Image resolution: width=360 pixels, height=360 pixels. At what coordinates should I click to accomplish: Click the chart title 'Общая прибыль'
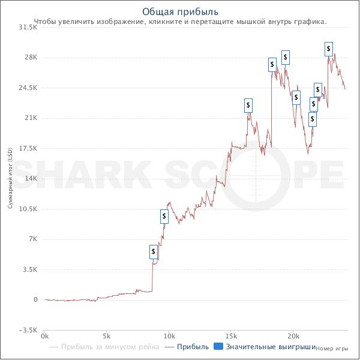(181, 12)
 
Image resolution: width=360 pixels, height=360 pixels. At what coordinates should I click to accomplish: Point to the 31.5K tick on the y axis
(28, 27)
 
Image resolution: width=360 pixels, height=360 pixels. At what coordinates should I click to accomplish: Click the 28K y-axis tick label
(31, 58)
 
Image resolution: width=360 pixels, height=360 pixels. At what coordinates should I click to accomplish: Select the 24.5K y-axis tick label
(28, 88)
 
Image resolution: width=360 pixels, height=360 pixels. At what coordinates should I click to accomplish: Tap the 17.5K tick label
(28, 148)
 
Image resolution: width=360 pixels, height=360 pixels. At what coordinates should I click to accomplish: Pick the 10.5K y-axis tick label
(28, 209)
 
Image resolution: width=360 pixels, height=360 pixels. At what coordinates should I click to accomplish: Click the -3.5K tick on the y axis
(28, 330)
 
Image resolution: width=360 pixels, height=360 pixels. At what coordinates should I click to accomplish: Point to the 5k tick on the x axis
(107, 336)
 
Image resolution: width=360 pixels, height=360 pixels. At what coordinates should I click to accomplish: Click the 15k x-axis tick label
(231, 336)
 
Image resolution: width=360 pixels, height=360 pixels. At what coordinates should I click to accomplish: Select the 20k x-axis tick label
(293, 336)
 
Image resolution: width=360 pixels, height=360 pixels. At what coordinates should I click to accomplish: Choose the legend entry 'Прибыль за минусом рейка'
(110, 347)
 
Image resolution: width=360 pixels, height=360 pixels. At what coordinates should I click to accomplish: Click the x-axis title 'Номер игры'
(332, 348)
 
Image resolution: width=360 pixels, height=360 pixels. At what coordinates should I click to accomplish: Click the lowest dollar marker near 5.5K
(154, 252)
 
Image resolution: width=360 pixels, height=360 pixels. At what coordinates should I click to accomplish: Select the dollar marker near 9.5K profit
(164, 217)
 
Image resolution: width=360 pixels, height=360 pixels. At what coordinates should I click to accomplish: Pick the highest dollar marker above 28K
(329, 49)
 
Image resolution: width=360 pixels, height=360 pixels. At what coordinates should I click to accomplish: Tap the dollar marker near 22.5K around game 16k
(249, 106)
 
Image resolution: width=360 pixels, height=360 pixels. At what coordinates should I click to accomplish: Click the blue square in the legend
(218, 347)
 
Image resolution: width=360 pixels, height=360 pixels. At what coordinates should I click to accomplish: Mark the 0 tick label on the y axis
(35, 299)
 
